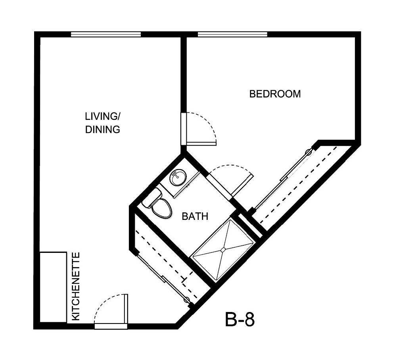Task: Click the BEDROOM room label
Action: tap(275, 94)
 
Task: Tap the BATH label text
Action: tap(195, 216)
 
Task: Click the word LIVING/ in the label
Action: tap(103, 116)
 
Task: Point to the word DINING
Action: tap(103, 129)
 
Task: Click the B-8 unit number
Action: tap(240, 319)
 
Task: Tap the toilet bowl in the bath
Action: tap(162, 208)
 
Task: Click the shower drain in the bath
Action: tap(223, 249)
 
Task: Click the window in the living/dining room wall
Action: tap(106, 35)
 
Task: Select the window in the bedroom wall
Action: tap(232, 35)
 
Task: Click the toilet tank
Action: tap(151, 197)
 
